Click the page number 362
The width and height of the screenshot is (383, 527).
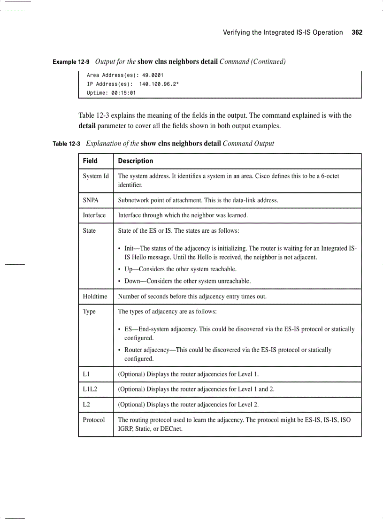pos(357,32)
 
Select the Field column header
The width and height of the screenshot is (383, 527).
pos(90,161)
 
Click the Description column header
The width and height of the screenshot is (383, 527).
pos(135,161)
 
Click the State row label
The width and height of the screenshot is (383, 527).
pos(89,230)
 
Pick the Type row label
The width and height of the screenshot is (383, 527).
pos(89,312)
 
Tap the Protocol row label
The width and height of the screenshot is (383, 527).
pos(94,420)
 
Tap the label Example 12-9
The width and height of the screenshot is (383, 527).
pos(71,62)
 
